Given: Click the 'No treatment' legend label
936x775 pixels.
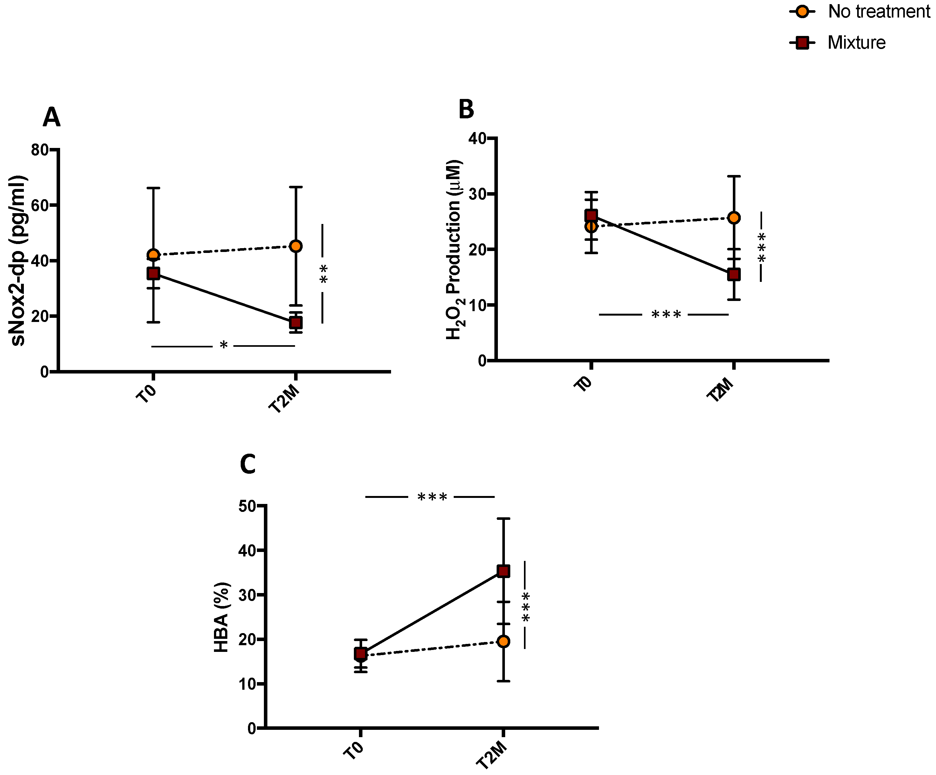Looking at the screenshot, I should coord(878,11).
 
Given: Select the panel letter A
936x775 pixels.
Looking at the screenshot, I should coord(51,118).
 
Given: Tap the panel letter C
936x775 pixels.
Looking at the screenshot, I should coord(248,464).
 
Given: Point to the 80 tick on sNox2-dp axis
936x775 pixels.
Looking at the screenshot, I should coord(40,150).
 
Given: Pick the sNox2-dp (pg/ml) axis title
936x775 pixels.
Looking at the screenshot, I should coord(19,261).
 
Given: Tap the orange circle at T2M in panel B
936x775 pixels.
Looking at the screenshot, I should coord(734,218).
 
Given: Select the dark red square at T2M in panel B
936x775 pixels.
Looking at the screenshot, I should coord(734,274).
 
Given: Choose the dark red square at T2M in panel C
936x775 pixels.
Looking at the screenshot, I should coord(503,571).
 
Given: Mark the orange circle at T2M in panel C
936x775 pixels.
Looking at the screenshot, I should coord(503,642).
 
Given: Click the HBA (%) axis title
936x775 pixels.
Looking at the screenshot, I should coord(222,618).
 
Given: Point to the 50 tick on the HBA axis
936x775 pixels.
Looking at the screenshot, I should coord(247,506).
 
